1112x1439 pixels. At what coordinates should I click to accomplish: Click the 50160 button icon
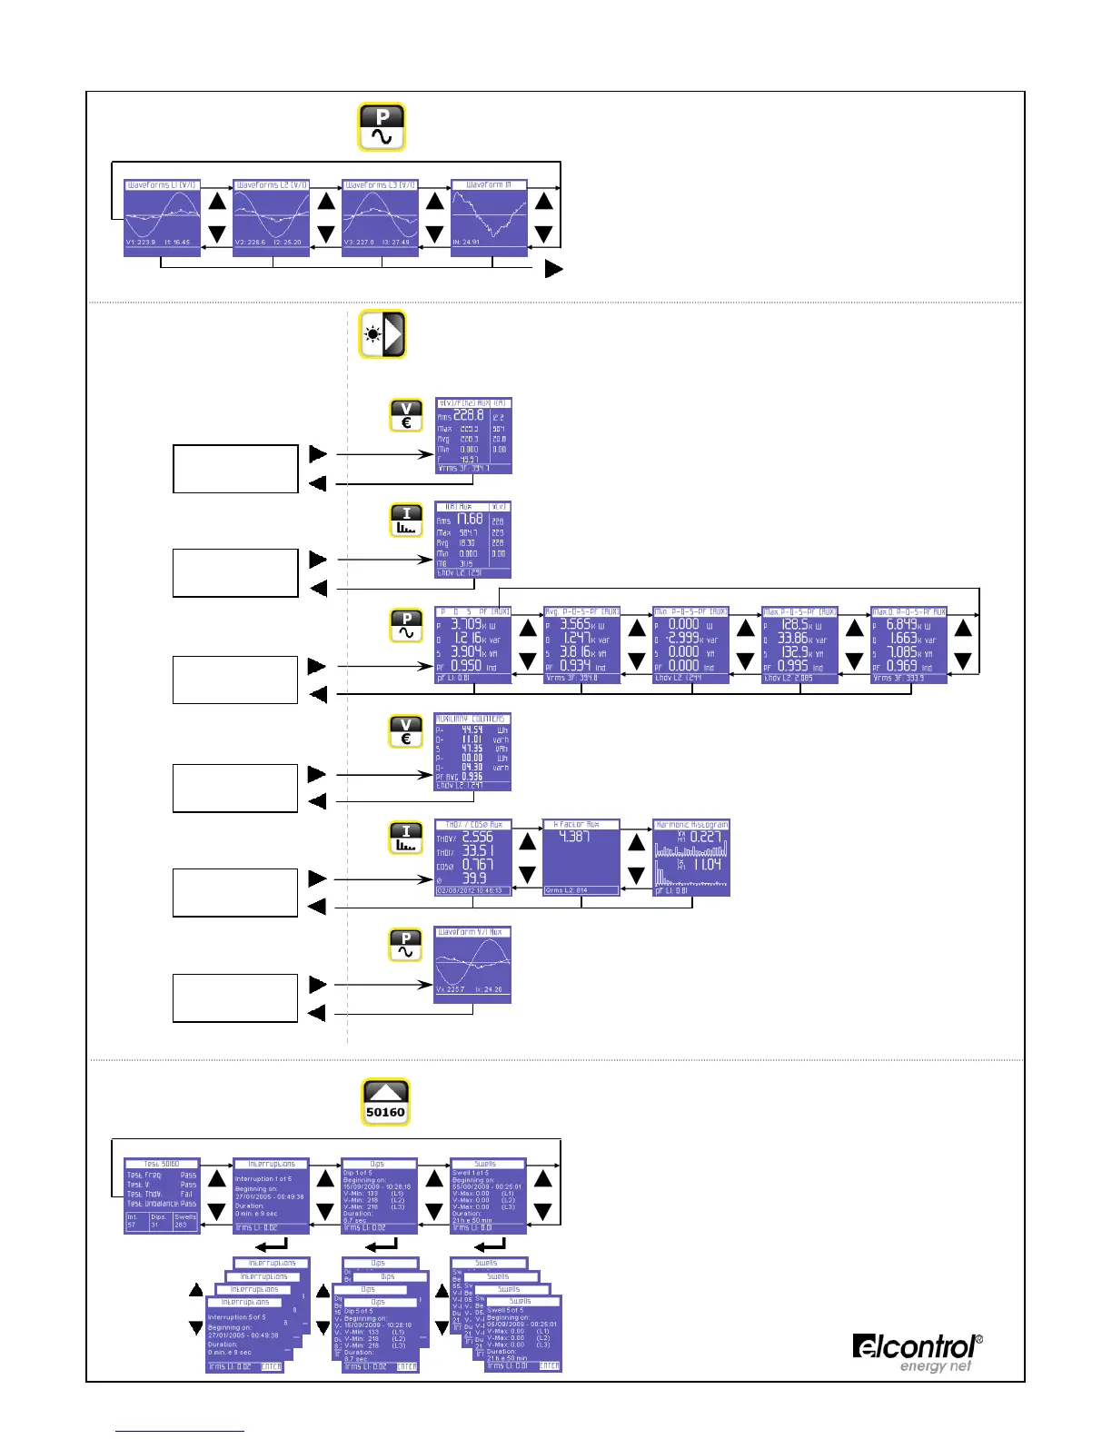click(x=385, y=1102)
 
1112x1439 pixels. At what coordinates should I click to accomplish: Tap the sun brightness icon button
click(x=382, y=334)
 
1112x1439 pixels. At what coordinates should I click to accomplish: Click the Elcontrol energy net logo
click(x=917, y=1352)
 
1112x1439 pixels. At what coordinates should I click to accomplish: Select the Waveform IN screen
click(x=489, y=218)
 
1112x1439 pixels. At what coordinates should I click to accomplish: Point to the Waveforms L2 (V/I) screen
click(x=272, y=218)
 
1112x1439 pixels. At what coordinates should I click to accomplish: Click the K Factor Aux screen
click(x=581, y=858)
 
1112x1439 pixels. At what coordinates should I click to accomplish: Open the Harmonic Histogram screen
click(x=691, y=858)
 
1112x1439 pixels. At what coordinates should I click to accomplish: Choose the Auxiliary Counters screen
click(x=472, y=751)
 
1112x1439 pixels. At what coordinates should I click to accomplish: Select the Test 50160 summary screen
click(x=162, y=1196)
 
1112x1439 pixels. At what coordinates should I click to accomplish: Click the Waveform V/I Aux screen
click(x=472, y=965)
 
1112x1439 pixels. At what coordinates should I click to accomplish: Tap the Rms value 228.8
click(x=469, y=414)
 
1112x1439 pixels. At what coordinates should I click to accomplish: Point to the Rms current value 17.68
click(x=469, y=520)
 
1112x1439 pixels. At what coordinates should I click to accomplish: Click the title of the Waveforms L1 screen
click(x=162, y=184)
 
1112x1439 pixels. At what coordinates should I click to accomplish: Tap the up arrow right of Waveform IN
click(x=543, y=201)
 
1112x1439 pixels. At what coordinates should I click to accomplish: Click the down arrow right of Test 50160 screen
click(x=216, y=1211)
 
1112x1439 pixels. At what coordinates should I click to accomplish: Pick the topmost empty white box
click(x=235, y=469)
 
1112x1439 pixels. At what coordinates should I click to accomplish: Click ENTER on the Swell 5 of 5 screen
click(x=550, y=1365)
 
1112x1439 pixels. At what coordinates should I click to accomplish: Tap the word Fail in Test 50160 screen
click(x=186, y=1194)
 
